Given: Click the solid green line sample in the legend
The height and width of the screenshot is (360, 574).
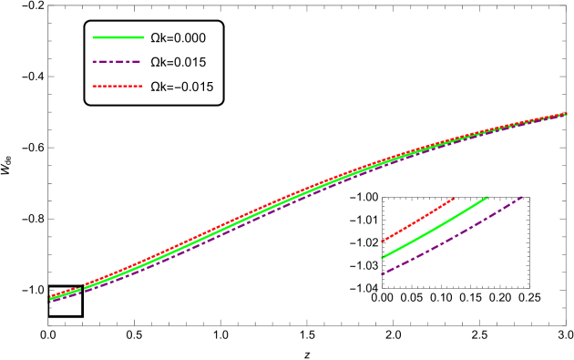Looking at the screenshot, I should click(x=118, y=37).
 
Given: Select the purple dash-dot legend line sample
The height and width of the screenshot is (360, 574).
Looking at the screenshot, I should click(x=117, y=62).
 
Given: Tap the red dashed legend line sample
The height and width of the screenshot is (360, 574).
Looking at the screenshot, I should click(x=118, y=86).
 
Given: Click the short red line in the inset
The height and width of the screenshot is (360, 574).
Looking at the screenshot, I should click(x=417, y=221).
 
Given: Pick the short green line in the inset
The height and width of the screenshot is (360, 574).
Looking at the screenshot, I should click(x=434, y=228).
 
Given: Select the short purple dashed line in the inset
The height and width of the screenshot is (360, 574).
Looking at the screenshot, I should click(x=451, y=236).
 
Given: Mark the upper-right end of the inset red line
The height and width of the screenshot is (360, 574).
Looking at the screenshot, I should click(x=454, y=199).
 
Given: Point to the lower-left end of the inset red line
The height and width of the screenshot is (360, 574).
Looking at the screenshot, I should click(x=382, y=242).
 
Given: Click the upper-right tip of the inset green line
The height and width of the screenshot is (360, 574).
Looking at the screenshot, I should click(x=487, y=197).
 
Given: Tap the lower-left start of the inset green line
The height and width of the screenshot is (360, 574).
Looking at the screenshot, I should click(x=382, y=258).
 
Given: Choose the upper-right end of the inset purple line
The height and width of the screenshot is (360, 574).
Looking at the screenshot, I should click(x=522, y=197).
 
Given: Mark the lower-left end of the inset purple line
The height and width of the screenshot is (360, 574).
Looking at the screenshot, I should click(x=382, y=273).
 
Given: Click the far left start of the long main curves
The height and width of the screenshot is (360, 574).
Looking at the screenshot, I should click(x=50, y=298).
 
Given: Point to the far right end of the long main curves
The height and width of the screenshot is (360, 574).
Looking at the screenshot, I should click(x=567, y=114).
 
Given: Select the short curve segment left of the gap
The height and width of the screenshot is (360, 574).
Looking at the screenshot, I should click(x=66, y=293).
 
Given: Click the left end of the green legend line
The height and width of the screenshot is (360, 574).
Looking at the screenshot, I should click(x=93, y=37).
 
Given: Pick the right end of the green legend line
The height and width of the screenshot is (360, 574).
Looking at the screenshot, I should click(x=144, y=37).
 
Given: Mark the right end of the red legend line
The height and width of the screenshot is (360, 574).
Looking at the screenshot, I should click(x=143, y=86).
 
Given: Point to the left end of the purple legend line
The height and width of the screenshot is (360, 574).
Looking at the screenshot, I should click(x=93, y=62).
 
